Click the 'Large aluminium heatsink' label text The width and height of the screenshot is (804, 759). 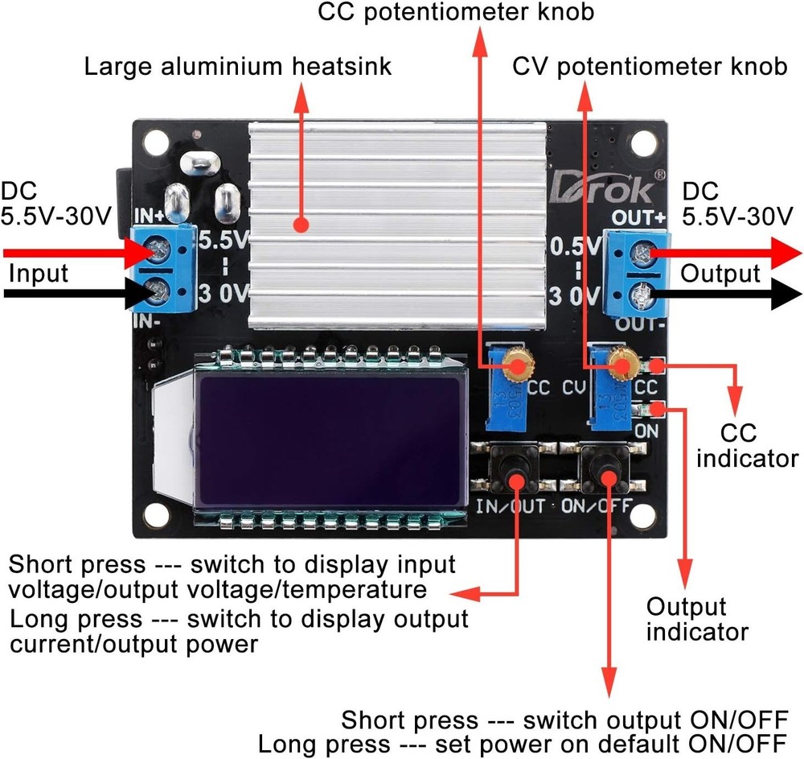click(x=239, y=66)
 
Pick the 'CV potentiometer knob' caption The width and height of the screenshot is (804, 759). click(x=650, y=66)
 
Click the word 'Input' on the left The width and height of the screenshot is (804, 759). click(x=39, y=273)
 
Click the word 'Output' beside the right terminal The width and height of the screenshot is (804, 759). click(x=720, y=273)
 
